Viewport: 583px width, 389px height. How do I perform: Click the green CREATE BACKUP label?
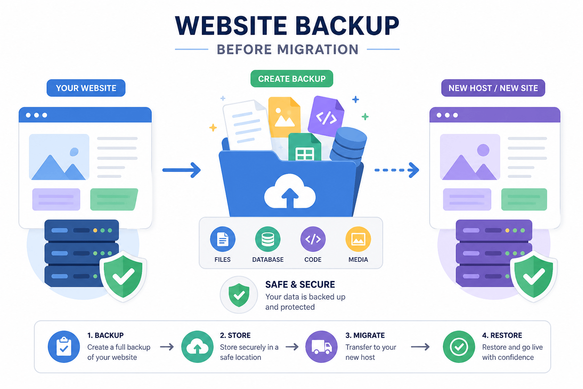point(291,78)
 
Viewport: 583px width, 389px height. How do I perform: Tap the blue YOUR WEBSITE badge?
point(86,88)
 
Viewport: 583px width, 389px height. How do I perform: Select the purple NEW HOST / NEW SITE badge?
point(493,88)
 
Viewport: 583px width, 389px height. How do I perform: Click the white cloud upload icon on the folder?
point(290,192)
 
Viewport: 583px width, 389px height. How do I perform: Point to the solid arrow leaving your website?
point(181,170)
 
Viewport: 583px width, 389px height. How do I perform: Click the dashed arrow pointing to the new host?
point(397,170)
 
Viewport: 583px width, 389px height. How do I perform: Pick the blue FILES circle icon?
point(222,239)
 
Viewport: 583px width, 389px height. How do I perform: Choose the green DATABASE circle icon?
point(268,239)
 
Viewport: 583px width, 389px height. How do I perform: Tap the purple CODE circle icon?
point(313,239)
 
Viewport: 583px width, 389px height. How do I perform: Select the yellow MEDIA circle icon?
point(358,239)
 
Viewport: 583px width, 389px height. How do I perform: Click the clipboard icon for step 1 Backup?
point(64,347)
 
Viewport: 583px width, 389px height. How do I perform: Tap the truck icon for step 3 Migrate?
point(321,347)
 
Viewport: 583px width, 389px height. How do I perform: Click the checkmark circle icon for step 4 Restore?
point(459,347)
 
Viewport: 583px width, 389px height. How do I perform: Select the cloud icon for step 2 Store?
point(197,347)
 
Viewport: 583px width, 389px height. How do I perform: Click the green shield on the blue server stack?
point(123,276)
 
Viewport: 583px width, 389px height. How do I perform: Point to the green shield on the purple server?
point(534,276)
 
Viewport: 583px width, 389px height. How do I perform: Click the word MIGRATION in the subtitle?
point(318,49)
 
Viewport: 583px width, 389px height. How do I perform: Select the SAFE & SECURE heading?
point(300,285)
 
